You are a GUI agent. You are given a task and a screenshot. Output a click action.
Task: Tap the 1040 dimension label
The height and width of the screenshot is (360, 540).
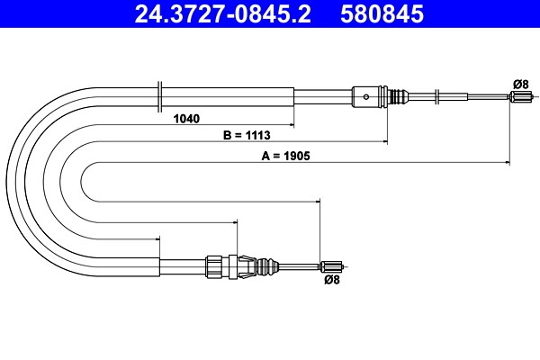tap(186, 118)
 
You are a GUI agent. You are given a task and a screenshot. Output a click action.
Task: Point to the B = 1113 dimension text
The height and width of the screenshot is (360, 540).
tap(247, 135)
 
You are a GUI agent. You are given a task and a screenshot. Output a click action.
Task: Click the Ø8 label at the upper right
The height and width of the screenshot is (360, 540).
tap(519, 84)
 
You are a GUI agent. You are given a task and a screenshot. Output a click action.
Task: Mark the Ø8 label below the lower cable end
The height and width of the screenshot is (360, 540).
tap(331, 281)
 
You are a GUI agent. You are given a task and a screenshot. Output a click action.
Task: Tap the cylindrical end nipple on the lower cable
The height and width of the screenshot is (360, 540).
tap(332, 265)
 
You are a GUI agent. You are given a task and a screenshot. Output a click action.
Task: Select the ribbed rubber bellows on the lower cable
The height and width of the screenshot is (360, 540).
tap(267, 265)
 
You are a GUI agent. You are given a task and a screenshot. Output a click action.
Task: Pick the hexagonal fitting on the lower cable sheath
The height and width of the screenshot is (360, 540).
tap(214, 265)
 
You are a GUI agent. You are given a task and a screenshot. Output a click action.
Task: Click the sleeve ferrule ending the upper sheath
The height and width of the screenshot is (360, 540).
tap(364, 94)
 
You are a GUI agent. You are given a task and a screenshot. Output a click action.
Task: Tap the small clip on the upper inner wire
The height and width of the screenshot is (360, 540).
tap(436, 94)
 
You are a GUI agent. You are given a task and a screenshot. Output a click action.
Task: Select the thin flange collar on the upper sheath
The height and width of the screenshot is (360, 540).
tap(159, 94)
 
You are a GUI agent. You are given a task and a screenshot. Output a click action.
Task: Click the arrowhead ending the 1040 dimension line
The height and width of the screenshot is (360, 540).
tap(292, 123)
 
